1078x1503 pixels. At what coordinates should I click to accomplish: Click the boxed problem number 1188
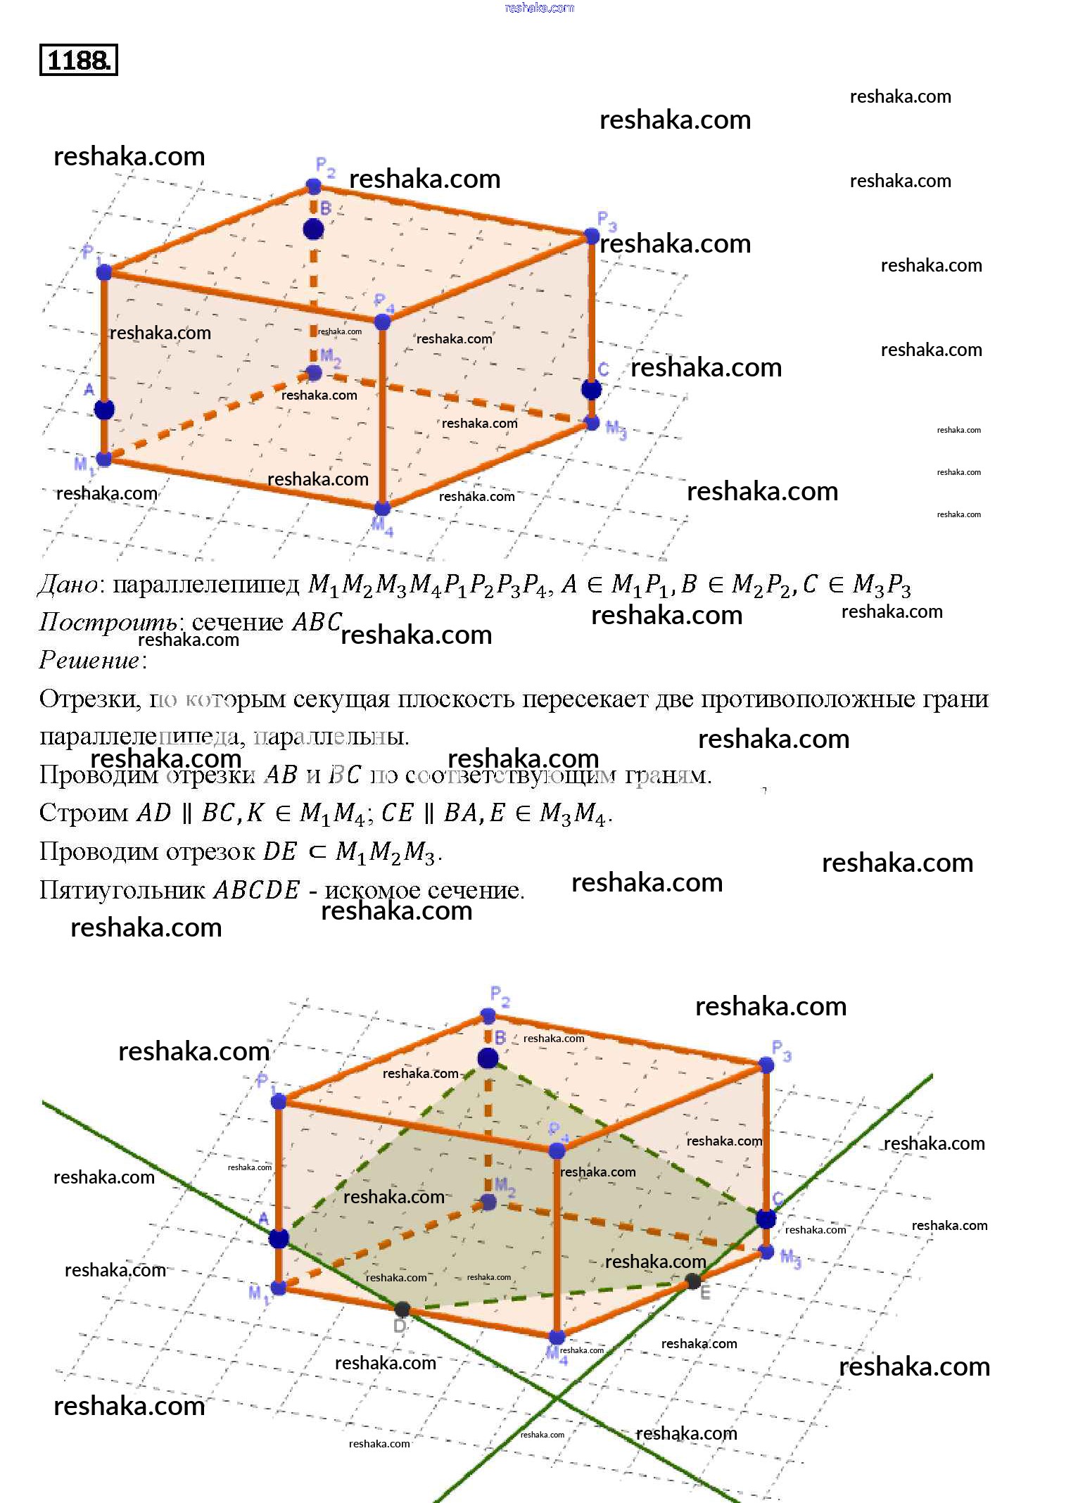pyautogui.click(x=78, y=60)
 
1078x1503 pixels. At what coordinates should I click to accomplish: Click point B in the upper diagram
pyautogui.click(x=313, y=229)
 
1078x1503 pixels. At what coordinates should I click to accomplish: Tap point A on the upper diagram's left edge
pyautogui.click(x=104, y=410)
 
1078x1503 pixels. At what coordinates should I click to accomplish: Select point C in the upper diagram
pyautogui.click(x=591, y=389)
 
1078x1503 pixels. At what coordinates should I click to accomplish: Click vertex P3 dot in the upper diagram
pyautogui.click(x=591, y=236)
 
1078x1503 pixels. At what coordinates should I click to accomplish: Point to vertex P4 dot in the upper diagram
pyautogui.click(x=382, y=322)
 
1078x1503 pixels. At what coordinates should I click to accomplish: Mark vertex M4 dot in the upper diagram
pyautogui.click(x=382, y=508)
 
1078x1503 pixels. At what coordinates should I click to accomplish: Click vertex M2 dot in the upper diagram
pyautogui.click(x=314, y=373)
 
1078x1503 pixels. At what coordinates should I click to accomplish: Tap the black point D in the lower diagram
pyautogui.click(x=402, y=1309)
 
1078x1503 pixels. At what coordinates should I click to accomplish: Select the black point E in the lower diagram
pyautogui.click(x=693, y=1281)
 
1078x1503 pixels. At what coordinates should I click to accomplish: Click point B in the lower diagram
pyautogui.click(x=488, y=1058)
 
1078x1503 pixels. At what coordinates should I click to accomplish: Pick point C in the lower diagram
pyautogui.click(x=766, y=1219)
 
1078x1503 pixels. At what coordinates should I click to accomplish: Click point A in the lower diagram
pyautogui.click(x=279, y=1239)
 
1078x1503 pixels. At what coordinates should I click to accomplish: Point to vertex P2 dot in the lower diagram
pyautogui.click(x=488, y=1016)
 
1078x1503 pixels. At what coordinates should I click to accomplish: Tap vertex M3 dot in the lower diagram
pyautogui.click(x=766, y=1252)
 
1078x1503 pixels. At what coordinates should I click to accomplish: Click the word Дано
pyautogui.click(x=68, y=585)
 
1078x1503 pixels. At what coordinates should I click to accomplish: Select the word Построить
pyautogui.click(x=108, y=622)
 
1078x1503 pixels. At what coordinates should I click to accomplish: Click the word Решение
pyautogui.click(x=89, y=660)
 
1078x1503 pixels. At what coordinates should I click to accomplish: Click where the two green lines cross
pyautogui.click(x=556, y=1397)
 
